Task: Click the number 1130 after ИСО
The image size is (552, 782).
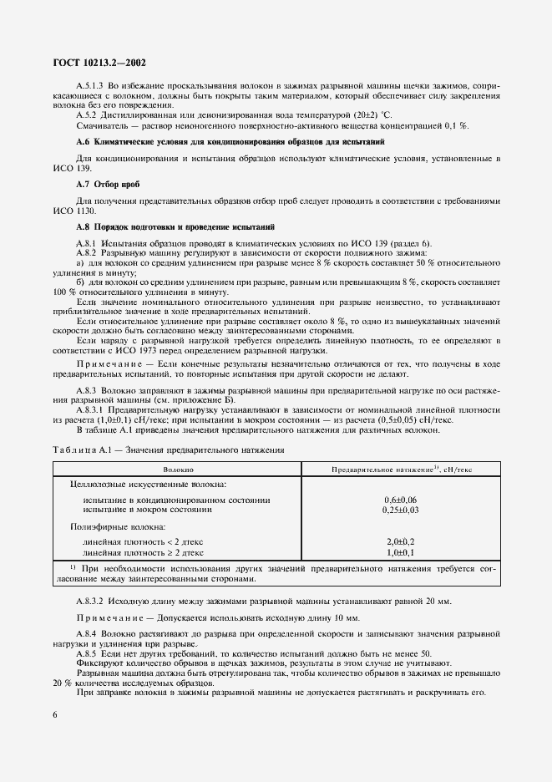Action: [x=89, y=211]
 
